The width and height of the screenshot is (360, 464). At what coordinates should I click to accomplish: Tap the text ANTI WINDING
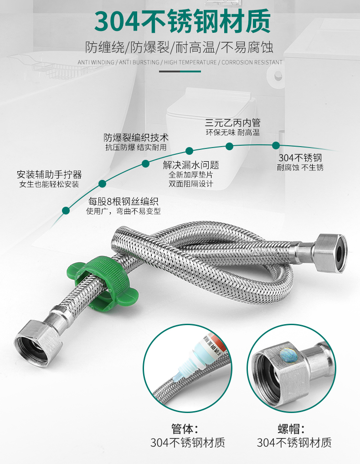click(96, 62)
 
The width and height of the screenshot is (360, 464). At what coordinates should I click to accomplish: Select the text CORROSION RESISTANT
click(252, 62)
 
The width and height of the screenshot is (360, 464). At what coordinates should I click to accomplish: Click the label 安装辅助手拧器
click(49, 175)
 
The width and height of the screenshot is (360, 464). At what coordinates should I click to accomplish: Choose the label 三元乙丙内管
click(232, 122)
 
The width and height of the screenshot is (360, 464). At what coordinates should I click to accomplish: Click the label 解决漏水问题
click(190, 165)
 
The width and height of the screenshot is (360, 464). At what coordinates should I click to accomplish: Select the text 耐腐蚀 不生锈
click(300, 168)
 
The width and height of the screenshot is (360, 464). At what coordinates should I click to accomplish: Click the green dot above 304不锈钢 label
click(276, 145)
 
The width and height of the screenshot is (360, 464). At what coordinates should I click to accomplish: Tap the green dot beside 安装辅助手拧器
click(66, 210)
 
